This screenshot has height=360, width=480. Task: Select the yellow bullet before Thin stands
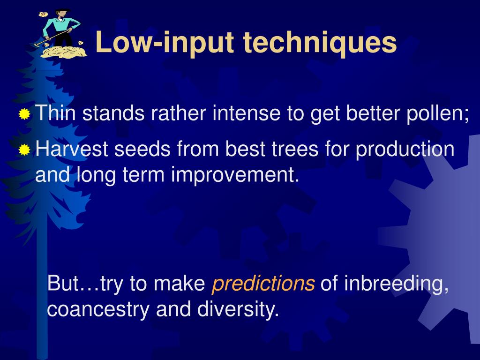coord(24,114)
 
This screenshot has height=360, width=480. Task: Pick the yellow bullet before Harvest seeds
coord(24,150)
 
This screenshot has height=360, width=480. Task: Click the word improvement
coord(235,175)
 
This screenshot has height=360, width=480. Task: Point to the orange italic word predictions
coord(263,284)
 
